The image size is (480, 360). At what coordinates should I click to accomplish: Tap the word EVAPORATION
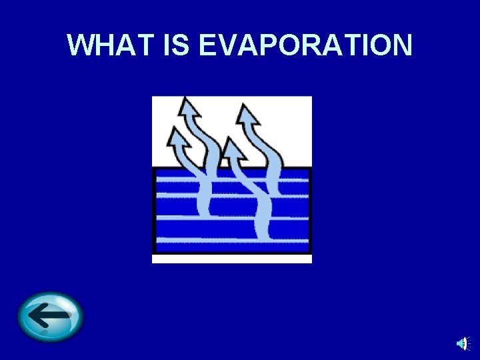click(x=306, y=45)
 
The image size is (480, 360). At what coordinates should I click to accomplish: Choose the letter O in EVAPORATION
click(x=289, y=45)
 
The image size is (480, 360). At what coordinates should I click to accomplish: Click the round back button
click(x=51, y=317)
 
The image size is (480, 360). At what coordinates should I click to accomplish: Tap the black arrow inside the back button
click(x=49, y=315)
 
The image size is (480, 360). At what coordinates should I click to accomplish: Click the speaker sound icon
click(x=463, y=343)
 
